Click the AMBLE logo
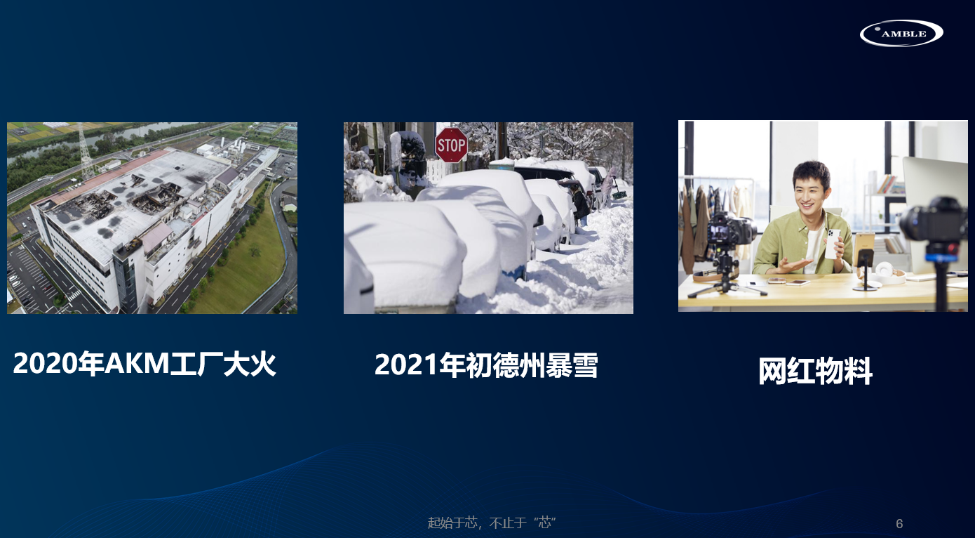(901, 33)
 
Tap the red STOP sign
(451, 145)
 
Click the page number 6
(899, 523)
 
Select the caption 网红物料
(815, 371)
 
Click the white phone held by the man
(832, 243)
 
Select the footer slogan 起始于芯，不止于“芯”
(492, 523)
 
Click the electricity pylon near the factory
(86, 151)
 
